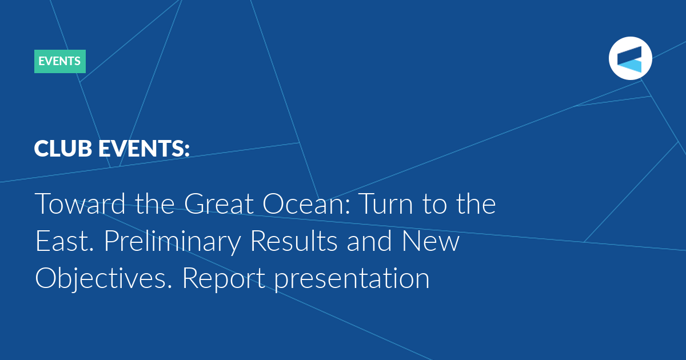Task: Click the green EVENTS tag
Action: click(59, 61)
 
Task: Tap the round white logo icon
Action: click(630, 58)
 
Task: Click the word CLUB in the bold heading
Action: click(63, 149)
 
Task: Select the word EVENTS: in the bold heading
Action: click(144, 149)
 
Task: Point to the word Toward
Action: click(80, 203)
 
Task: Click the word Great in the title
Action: click(219, 203)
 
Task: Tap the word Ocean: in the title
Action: click(306, 203)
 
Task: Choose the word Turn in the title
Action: click(386, 203)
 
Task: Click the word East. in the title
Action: click(65, 241)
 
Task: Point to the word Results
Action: click(294, 241)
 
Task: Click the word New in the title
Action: click(430, 241)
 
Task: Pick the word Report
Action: click(224, 279)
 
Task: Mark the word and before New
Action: click(369, 241)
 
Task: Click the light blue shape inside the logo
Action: click(629, 66)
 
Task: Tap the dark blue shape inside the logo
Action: click(629, 54)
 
